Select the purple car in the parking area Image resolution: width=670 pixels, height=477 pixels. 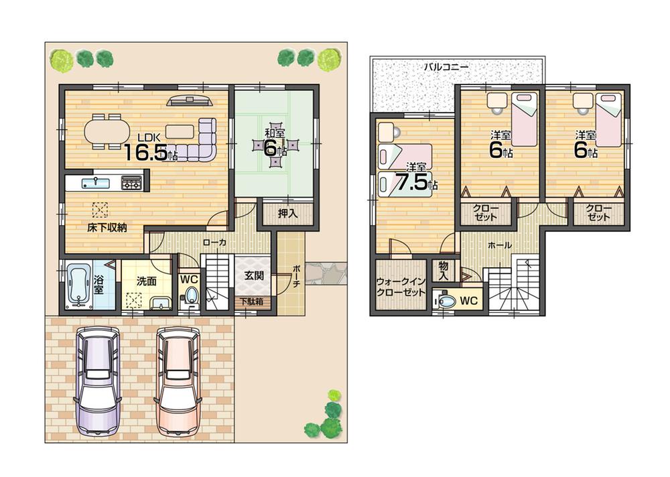[98, 383]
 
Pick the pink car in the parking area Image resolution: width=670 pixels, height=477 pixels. [179, 383]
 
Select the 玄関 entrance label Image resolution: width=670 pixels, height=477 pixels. [253, 275]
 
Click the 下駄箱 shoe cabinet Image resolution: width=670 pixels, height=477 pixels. [252, 302]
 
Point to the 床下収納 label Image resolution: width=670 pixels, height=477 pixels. [107, 228]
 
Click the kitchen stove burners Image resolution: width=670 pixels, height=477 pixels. [131, 182]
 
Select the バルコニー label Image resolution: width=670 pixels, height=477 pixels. [446, 67]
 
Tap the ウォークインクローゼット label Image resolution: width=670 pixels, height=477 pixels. [401, 287]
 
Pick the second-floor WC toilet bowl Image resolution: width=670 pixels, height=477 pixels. [447, 301]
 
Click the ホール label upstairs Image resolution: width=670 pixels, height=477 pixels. [500, 246]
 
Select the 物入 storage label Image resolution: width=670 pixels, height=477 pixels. [444, 271]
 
